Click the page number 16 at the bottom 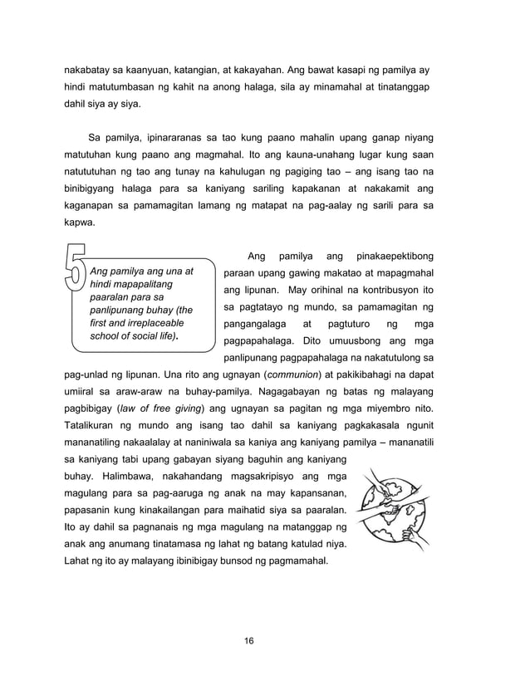[248, 641]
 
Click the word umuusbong [345, 341]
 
